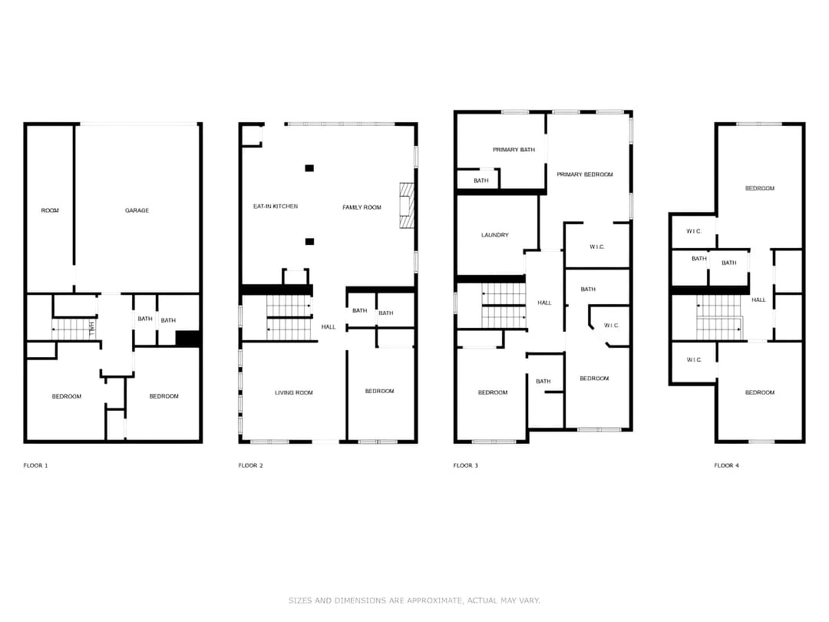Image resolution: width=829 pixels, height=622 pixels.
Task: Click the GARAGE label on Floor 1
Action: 137,210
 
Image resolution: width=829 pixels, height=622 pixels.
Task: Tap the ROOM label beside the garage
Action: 50,210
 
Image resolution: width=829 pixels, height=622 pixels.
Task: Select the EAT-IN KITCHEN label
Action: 276,207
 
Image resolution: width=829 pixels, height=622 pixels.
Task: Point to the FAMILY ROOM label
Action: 362,207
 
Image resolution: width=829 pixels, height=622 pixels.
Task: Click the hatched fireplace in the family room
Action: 406,205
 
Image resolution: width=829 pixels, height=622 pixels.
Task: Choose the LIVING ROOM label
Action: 294,392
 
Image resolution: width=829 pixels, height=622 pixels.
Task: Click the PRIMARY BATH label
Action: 514,150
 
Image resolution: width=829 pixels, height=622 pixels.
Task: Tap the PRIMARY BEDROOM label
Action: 585,174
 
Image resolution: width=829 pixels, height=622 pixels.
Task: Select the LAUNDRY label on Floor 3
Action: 495,235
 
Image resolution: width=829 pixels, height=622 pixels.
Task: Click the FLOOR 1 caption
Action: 35,465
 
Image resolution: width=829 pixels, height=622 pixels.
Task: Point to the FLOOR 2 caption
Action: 250,465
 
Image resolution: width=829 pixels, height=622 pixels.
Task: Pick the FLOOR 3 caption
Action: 465,465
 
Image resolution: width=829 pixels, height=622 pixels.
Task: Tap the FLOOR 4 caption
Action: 726,465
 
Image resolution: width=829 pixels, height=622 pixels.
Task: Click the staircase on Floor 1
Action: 73,329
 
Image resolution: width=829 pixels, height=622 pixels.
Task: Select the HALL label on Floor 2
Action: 329,327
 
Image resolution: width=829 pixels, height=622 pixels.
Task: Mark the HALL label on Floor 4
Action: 758,300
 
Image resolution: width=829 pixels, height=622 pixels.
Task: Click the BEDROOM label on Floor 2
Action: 379,391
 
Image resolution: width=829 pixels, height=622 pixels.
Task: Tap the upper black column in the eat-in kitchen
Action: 309,168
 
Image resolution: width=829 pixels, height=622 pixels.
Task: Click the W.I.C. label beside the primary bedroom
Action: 597,246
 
